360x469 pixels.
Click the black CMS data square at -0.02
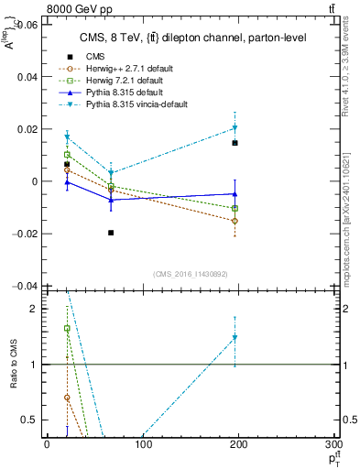(x=111, y=233)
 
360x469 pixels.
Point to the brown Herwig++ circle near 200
(x=235, y=221)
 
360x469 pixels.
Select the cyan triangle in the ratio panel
(x=235, y=338)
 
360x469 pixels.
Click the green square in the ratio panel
(x=67, y=328)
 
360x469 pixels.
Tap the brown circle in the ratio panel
(x=67, y=398)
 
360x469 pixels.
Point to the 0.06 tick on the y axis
(x=26, y=25)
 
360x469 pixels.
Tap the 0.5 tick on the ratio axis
(x=30, y=420)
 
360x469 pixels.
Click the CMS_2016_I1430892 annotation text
(x=190, y=274)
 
